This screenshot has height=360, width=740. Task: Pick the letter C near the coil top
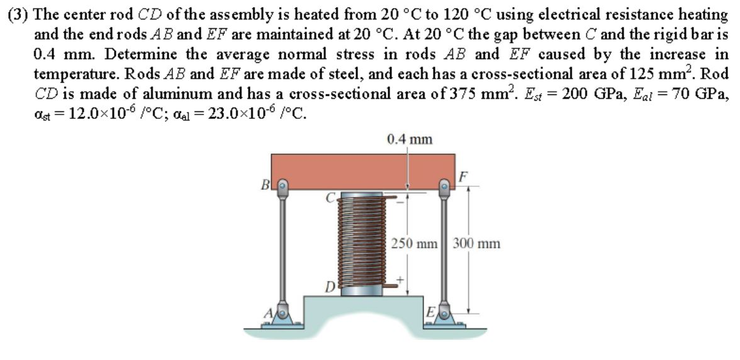(x=329, y=196)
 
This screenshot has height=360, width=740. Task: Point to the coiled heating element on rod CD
(x=361, y=242)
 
